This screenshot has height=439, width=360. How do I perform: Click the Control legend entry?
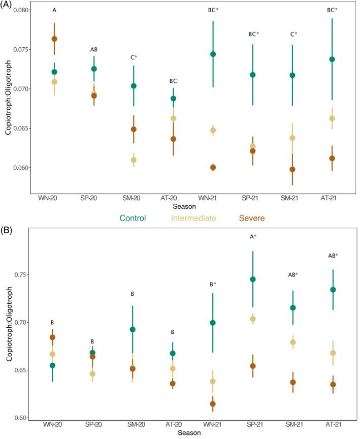(133, 218)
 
